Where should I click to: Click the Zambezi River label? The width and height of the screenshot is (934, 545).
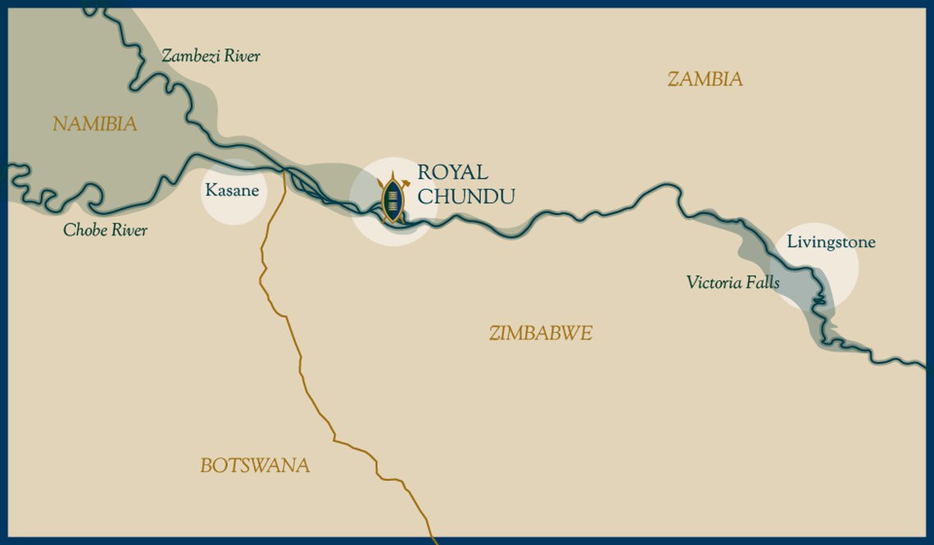[211, 57]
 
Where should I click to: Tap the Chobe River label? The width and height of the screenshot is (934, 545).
[105, 230]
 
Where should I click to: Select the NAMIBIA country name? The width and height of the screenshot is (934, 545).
[94, 125]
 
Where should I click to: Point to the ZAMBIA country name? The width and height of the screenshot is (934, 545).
[705, 79]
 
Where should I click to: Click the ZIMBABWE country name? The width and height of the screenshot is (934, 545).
[540, 334]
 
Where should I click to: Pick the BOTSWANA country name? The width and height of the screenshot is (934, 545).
[255, 466]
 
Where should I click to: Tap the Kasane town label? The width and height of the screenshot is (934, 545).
[232, 191]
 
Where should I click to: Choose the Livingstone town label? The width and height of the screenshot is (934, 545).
[831, 243]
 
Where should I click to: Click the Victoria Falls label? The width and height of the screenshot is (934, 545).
[732, 283]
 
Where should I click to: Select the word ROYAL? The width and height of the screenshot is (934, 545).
[452, 173]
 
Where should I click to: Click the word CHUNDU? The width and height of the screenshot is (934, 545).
[465, 197]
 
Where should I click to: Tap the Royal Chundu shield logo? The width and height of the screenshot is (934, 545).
[393, 198]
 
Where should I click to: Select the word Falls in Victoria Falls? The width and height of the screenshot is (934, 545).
[763, 283]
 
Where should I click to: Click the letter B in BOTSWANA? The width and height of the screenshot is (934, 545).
[206, 466]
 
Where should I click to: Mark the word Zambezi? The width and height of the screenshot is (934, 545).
[189, 57]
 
